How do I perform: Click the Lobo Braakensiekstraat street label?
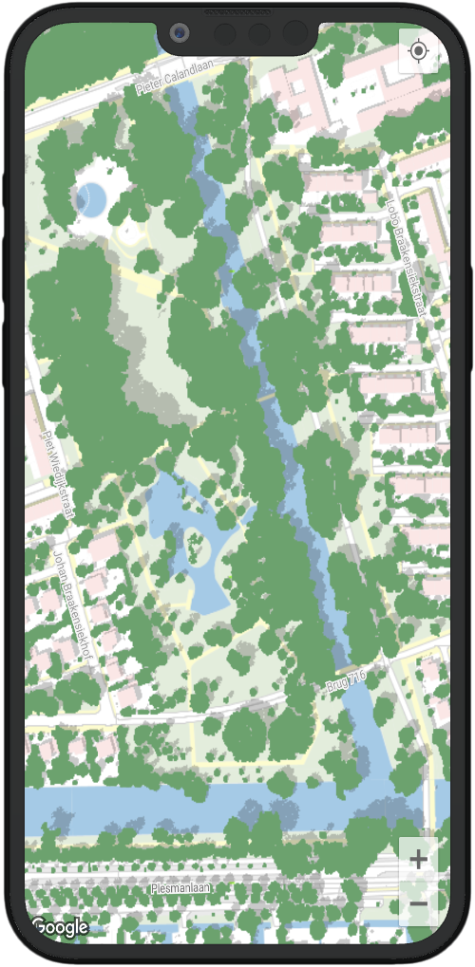tap(406, 246)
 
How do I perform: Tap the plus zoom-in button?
tap(418, 860)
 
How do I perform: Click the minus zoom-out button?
tap(418, 904)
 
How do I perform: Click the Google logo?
tap(59, 927)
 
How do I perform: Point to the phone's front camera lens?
tap(179, 34)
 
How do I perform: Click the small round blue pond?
tap(91, 198)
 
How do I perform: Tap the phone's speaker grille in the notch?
tap(237, 13)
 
